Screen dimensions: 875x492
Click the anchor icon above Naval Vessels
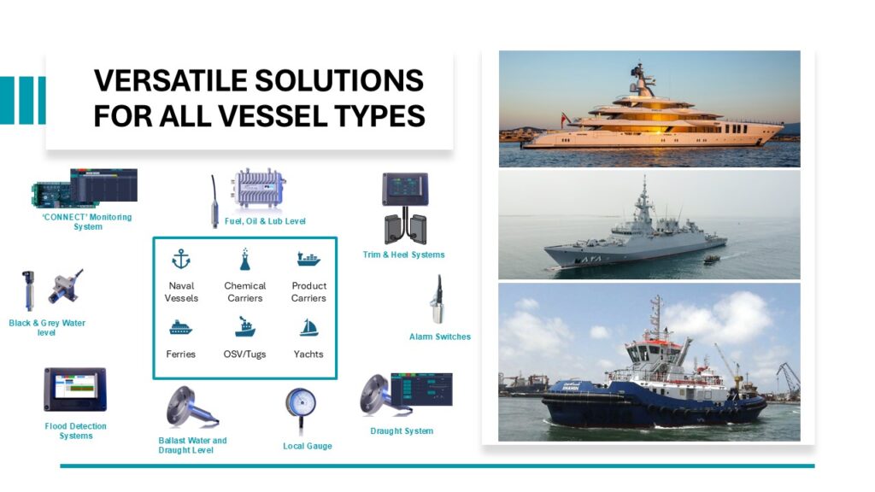tap(181, 259)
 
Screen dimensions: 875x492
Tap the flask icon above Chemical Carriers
tap(244, 259)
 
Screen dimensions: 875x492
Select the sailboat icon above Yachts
tap(308, 327)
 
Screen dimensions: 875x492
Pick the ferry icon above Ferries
tap(180, 327)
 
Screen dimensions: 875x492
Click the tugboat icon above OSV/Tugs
tap(244, 327)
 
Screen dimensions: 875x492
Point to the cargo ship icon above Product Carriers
tap(308, 259)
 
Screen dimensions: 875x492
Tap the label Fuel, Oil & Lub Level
tap(265, 221)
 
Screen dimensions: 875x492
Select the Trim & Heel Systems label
tap(403, 255)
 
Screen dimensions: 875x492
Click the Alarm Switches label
tap(440, 337)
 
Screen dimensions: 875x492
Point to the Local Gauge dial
tap(301, 403)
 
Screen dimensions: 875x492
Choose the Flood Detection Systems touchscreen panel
tap(75, 389)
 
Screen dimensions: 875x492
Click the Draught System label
tap(402, 430)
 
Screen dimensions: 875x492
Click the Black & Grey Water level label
tap(47, 327)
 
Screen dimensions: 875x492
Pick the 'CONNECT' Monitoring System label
tap(87, 221)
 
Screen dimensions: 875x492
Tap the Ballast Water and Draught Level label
tap(192, 445)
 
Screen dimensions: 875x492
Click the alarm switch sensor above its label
tap(437, 300)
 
